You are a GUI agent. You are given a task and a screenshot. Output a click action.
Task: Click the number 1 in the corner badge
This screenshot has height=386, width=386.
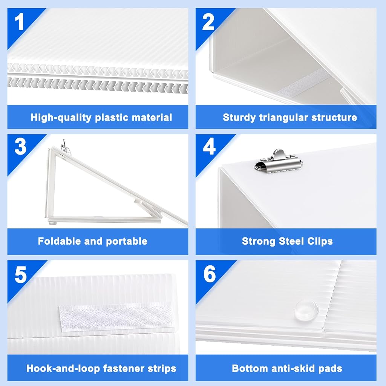(19, 22)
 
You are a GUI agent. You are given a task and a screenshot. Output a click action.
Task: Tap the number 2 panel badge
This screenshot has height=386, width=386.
(208, 22)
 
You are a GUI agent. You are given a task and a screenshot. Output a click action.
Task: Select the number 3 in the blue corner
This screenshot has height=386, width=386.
(20, 147)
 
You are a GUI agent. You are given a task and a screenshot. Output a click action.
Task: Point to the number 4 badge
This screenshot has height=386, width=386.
(209, 147)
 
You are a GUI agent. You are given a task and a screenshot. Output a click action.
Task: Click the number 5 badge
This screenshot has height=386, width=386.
(21, 274)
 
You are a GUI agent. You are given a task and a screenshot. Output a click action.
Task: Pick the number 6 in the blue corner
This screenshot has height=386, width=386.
(210, 274)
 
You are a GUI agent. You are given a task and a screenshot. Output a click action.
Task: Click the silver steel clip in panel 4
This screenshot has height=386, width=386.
(279, 161)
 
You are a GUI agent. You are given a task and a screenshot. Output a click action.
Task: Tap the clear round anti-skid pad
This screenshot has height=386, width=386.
(306, 310)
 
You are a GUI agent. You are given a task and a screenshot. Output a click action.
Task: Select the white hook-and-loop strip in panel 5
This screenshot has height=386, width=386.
(117, 316)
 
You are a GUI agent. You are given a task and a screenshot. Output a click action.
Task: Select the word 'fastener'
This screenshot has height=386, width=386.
(124, 369)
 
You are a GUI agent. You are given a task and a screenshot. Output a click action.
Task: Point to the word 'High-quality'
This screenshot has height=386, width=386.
(61, 118)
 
